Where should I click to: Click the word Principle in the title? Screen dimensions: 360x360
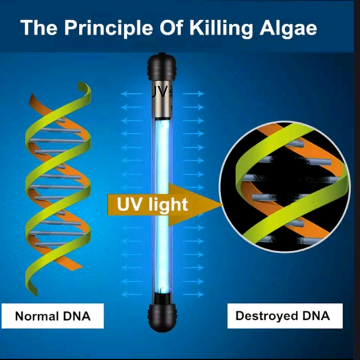(109, 28)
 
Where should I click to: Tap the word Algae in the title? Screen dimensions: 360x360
(288, 28)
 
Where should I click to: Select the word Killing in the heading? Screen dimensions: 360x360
(221, 28)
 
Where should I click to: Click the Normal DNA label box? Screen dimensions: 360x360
(52, 316)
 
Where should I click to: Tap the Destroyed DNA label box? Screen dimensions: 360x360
(285, 316)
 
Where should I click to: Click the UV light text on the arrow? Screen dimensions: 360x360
(152, 205)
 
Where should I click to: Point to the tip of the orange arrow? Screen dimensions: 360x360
(222, 204)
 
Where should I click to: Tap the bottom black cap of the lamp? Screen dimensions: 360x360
(162, 317)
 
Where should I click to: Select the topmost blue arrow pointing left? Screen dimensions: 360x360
(131, 94)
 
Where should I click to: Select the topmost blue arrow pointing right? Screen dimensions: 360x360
(193, 94)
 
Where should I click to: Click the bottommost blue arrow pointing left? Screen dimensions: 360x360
(131, 295)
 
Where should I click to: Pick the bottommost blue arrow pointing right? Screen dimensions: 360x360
(193, 295)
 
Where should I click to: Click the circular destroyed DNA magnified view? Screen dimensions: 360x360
(285, 186)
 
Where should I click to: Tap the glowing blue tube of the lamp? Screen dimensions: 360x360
(162, 206)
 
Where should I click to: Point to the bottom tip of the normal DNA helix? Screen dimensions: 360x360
(35, 294)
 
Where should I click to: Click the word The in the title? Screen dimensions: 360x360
(39, 28)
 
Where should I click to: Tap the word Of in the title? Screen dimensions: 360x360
(171, 28)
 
